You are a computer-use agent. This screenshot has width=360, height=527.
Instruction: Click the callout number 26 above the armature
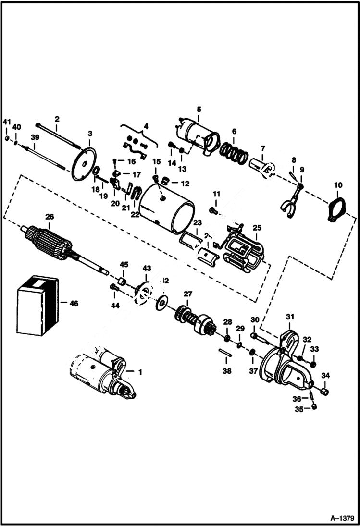click(50, 217)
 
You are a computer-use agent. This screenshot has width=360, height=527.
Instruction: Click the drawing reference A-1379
click(342, 518)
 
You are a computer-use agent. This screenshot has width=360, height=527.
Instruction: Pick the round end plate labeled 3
click(84, 165)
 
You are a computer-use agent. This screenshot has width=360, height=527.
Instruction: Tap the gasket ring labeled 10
click(336, 209)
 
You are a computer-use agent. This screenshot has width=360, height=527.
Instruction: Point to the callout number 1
click(140, 372)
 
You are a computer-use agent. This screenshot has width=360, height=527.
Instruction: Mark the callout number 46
click(74, 304)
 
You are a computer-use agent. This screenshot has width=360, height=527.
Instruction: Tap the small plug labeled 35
click(315, 407)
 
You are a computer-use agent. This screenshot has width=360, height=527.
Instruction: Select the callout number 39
click(35, 137)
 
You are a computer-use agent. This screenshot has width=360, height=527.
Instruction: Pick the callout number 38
click(226, 371)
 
